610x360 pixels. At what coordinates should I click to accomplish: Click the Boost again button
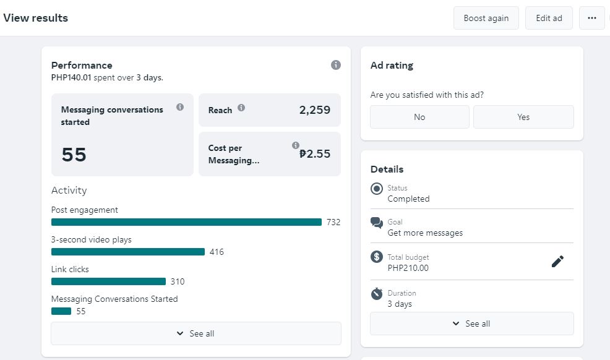click(486, 18)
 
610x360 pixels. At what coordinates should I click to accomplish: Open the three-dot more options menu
click(591, 18)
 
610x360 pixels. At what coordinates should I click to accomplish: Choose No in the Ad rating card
click(419, 117)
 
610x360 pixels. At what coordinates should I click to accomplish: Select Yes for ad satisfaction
click(523, 117)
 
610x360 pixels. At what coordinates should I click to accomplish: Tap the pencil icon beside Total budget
click(557, 262)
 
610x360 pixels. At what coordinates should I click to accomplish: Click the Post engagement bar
click(186, 222)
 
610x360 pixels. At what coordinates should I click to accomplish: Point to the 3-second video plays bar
click(127, 252)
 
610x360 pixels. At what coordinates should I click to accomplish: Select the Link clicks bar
click(108, 281)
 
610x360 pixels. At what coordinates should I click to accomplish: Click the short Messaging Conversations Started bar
click(61, 311)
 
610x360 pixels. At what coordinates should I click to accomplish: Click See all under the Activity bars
click(195, 333)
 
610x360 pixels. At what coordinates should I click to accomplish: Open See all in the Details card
click(471, 324)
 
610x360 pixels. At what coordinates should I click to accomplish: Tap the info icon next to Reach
click(241, 108)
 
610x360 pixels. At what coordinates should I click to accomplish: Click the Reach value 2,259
click(314, 110)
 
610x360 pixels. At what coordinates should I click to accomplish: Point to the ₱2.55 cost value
click(315, 154)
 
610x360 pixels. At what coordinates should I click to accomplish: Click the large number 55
click(74, 155)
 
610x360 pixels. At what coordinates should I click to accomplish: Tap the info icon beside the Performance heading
click(336, 65)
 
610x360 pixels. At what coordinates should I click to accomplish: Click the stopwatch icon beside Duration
click(377, 294)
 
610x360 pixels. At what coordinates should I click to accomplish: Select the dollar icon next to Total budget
click(377, 257)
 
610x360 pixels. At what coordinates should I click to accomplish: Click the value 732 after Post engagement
click(333, 222)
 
